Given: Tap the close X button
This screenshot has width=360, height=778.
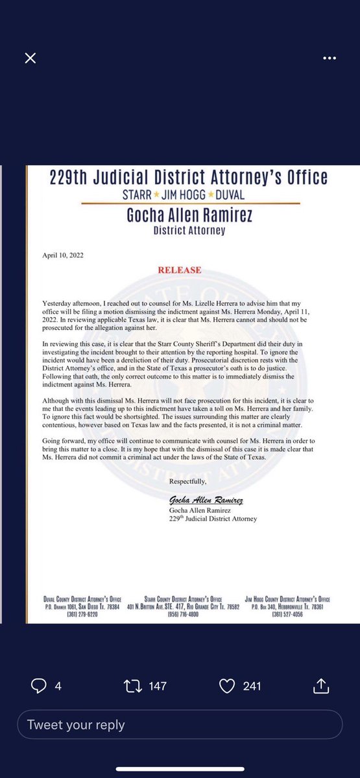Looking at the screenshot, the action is click(30, 58).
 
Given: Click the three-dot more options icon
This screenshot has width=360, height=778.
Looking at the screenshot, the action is click(330, 58).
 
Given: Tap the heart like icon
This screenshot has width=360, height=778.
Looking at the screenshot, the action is click(228, 685).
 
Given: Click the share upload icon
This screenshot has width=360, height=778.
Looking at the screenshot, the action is click(321, 685).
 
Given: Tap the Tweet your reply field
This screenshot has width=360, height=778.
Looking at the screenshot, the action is click(180, 725).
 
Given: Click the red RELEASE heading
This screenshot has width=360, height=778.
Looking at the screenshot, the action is click(180, 270).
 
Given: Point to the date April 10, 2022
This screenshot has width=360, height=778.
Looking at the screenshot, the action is click(64, 256).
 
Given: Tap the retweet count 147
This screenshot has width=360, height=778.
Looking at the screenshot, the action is click(158, 686).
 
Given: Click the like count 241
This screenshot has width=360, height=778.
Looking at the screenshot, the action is click(252, 686).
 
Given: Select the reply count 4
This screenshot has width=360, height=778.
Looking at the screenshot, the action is click(58, 686).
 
